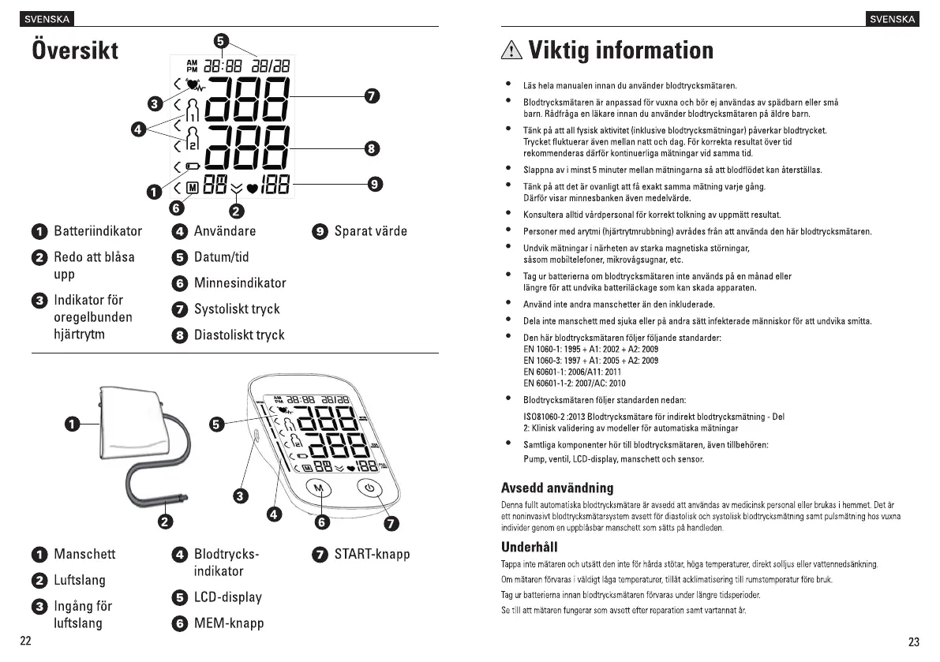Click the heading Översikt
[x=75, y=50]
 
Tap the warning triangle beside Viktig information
[x=512, y=51]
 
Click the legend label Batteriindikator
[x=98, y=231]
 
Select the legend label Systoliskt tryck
[x=237, y=309]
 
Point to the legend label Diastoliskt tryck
[x=239, y=335]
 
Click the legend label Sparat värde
[x=371, y=231]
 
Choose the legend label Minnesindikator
[x=240, y=283]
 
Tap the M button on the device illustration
[x=320, y=488]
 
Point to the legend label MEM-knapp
[x=229, y=623]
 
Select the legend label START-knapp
[x=372, y=555]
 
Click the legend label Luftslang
[x=79, y=581]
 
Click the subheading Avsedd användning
[x=557, y=488]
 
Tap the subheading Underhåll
[x=530, y=547]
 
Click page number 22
[x=26, y=641]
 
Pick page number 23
[x=914, y=641]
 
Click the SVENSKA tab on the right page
[x=893, y=19]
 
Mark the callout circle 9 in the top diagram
[x=376, y=185]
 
